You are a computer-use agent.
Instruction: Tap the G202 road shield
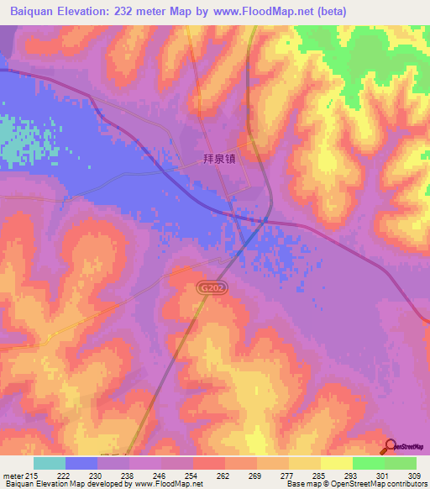[x=211, y=287]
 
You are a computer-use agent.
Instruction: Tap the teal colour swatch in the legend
[x=50, y=463]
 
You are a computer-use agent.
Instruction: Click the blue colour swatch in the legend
[x=81, y=463]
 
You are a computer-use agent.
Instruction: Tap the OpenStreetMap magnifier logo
[x=391, y=446]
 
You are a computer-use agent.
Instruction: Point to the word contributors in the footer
[x=405, y=484]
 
